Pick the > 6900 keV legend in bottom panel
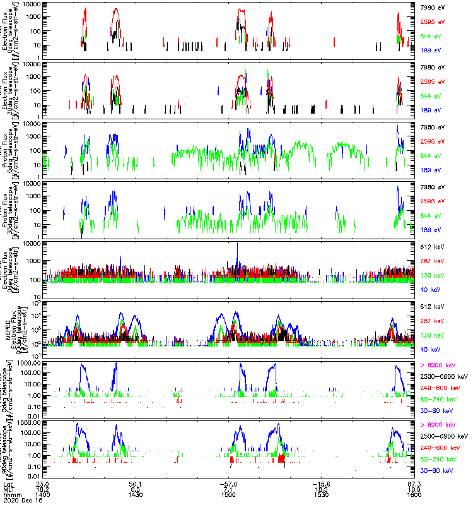click(x=438, y=425)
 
